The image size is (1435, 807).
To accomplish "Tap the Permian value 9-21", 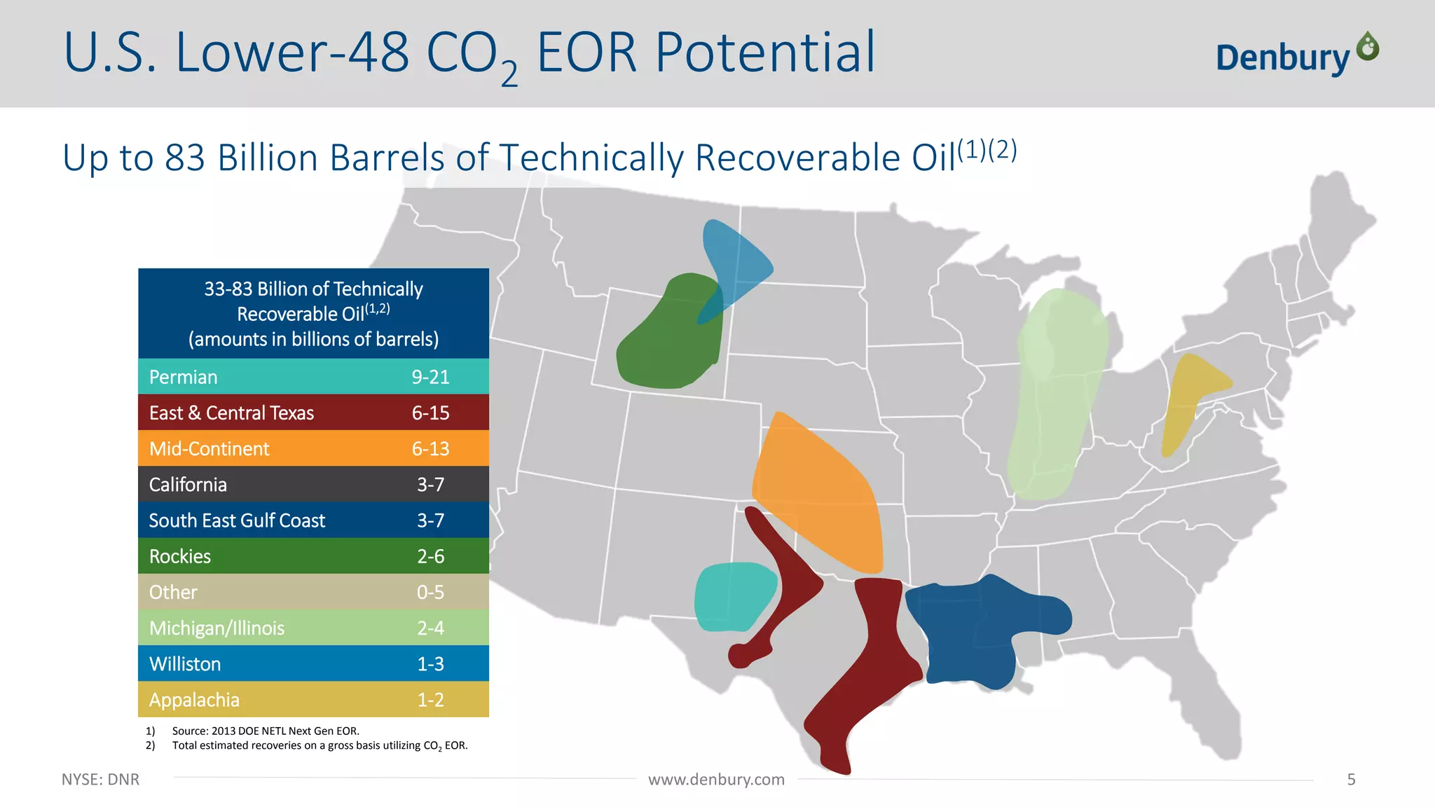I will (430, 377).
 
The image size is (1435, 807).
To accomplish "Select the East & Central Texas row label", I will (231, 413).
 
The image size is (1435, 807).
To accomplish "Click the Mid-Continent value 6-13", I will (430, 449).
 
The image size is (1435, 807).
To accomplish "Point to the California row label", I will (188, 485).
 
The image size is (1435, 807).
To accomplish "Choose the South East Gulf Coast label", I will (237, 520).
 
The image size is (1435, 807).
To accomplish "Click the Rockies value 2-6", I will (430, 556).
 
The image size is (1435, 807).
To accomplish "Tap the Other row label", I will (173, 592).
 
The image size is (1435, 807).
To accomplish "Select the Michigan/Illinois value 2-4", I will (430, 628).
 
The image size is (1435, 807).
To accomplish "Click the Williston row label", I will (185, 664).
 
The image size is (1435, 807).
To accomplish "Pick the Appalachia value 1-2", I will (430, 700).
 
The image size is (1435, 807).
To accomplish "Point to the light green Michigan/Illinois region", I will (1055, 392).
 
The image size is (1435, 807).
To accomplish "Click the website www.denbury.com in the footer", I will (716, 780).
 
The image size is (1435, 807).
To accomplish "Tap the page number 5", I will (1351, 780).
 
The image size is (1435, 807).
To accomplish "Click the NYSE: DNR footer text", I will (100, 780).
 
